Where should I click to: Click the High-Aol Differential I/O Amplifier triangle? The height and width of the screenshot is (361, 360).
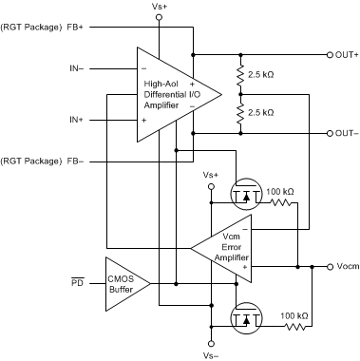(x=171, y=93)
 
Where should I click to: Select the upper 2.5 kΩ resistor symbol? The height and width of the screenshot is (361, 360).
(x=240, y=73)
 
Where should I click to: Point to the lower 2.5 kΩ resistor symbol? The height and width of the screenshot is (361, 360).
(x=240, y=112)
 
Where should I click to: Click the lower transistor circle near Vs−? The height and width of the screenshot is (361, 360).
(x=247, y=316)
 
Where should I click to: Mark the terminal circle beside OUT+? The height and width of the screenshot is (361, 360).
(x=325, y=54)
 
